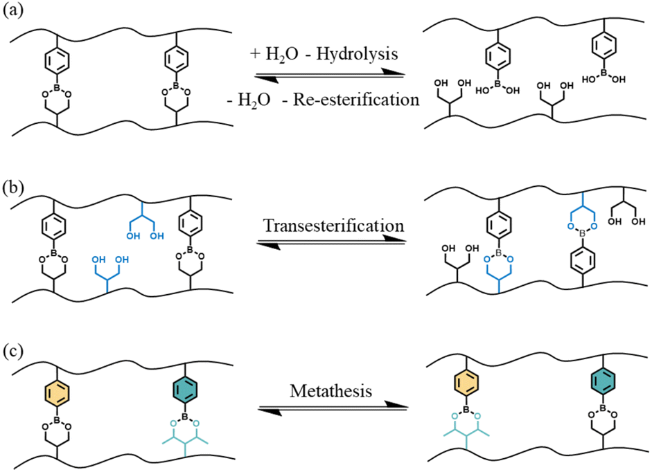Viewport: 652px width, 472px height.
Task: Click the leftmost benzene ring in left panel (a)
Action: click(x=54, y=62)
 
